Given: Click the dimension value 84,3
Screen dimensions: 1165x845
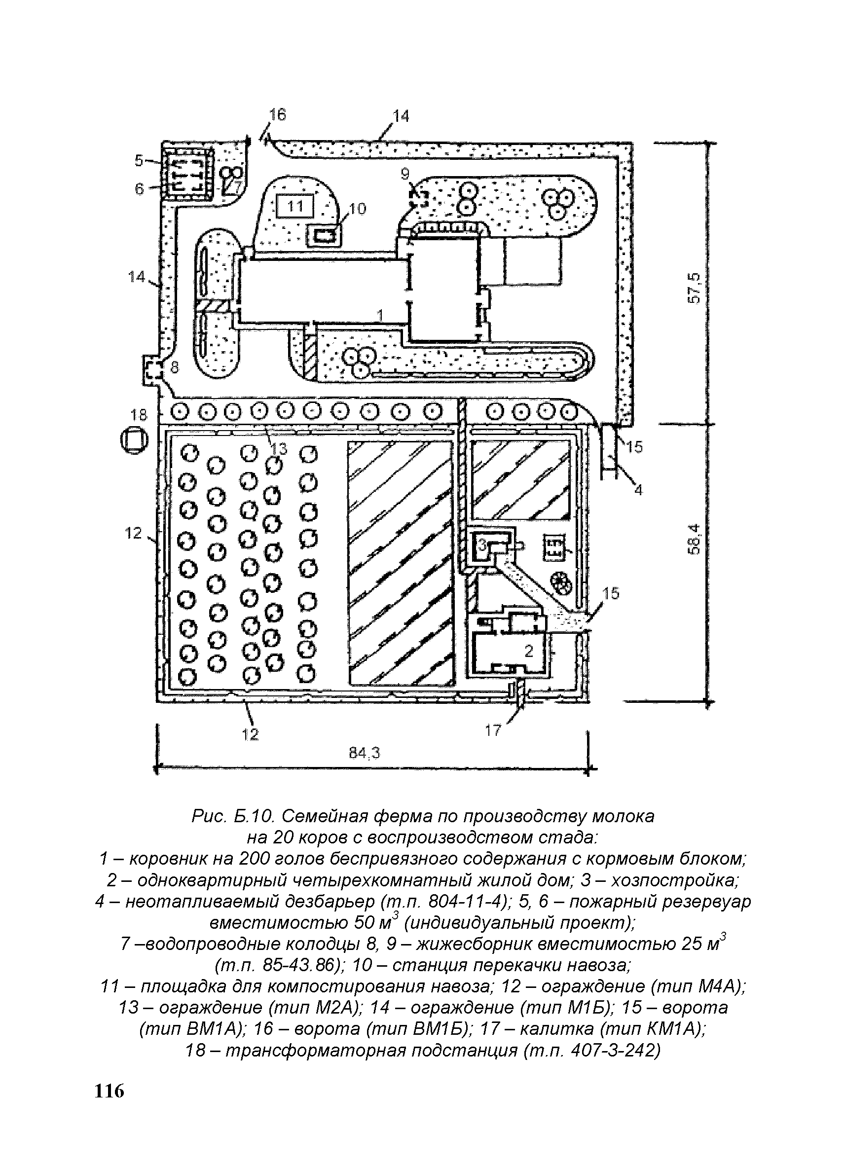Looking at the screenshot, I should (x=365, y=753).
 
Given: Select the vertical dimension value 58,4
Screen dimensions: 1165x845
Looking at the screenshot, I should (x=694, y=538).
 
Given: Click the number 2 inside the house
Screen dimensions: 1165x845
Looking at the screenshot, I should (x=529, y=651).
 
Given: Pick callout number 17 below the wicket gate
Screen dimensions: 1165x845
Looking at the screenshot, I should (x=493, y=730).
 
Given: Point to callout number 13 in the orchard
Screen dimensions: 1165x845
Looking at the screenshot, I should (x=279, y=449).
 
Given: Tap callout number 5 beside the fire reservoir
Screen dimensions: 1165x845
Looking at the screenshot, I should (x=139, y=160).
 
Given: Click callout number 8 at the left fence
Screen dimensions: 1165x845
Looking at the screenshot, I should (x=174, y=367).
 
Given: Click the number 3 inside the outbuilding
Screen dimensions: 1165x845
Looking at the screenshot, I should (x=482, y=545).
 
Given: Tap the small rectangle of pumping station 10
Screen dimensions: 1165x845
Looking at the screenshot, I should (x=325, y=236).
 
